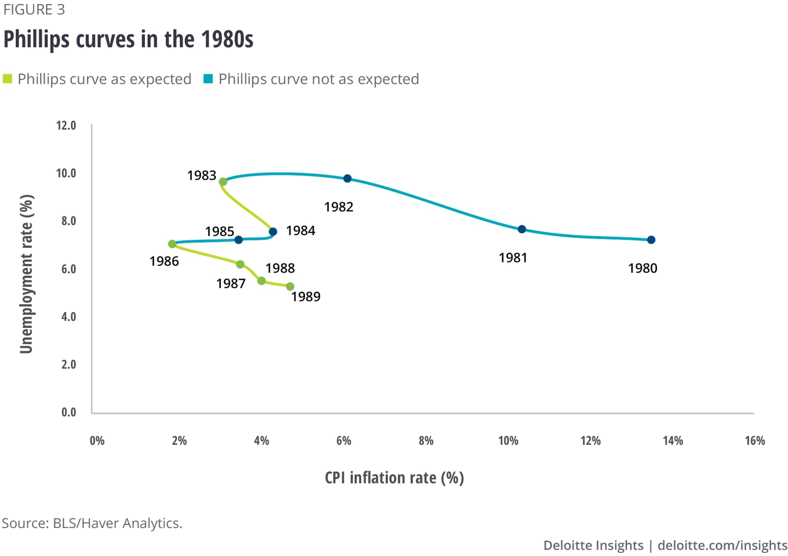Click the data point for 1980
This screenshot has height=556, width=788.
[x=651, y=240]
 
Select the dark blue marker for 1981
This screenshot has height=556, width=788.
[x=522, y=229]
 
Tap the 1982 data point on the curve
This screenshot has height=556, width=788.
[x=347, y=179]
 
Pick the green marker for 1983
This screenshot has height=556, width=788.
[x=223, y=182]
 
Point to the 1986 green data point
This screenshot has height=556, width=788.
[x=172, y=244]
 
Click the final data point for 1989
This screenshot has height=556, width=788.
[x=290, y=286]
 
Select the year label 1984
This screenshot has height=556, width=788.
[x=301, y=231]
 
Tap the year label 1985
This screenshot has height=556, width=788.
[x=219, y=231]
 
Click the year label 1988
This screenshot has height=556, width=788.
[x=280, y=268]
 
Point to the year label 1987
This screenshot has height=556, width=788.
[x=231, y=284]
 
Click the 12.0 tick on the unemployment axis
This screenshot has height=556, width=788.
[x=66, y=126]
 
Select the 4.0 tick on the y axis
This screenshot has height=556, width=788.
[x=69, y=317]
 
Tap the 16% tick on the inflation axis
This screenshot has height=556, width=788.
[x=755, y=441]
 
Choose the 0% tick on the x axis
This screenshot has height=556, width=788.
[x=97, y=441]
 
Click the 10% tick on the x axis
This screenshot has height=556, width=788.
[x=508, y=441]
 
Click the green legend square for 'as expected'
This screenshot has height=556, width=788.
[x=7, y=79]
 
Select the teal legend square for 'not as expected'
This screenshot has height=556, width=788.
[x=208, y=79]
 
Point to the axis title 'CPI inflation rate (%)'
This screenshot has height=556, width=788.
[x=394, y=478]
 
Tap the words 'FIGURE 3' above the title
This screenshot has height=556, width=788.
[x=34, y=9]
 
